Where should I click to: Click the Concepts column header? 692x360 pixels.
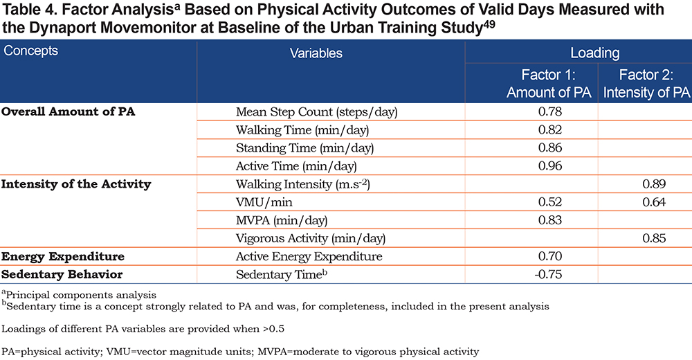(x=31, y=51)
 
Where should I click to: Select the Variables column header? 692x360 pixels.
(x=316, y=53)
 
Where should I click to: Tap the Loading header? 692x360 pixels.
(x=595, y=53)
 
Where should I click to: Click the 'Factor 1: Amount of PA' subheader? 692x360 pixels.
(x=549, y=84)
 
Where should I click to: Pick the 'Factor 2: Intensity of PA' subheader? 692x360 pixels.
(x=646, y=84)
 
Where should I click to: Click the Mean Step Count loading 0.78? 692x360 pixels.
(x=550, y=111)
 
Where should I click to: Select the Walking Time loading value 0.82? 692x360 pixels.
(x=550, y=129)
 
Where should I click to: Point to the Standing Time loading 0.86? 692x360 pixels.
(x=550, y=147)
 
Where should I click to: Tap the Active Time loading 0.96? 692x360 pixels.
(x=550, y=165)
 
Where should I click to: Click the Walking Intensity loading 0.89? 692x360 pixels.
(x=654, y=183)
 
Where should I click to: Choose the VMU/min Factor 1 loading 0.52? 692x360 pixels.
(x=550, y=202)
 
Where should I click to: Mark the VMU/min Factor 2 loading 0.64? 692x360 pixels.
(x=654, y=202)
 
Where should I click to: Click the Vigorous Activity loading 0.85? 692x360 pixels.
(x=654, y=238)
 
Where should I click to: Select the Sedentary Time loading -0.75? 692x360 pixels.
(x=548, y=274)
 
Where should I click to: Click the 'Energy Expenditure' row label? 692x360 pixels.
(x=63, y=257)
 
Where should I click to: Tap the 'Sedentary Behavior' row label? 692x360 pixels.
(x=62, y=274)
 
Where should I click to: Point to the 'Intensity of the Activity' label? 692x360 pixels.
(x=76, y=183)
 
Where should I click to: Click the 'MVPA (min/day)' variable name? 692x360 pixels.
(x=282, y=220)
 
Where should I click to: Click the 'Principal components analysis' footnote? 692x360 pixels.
(x=79, y=295)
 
